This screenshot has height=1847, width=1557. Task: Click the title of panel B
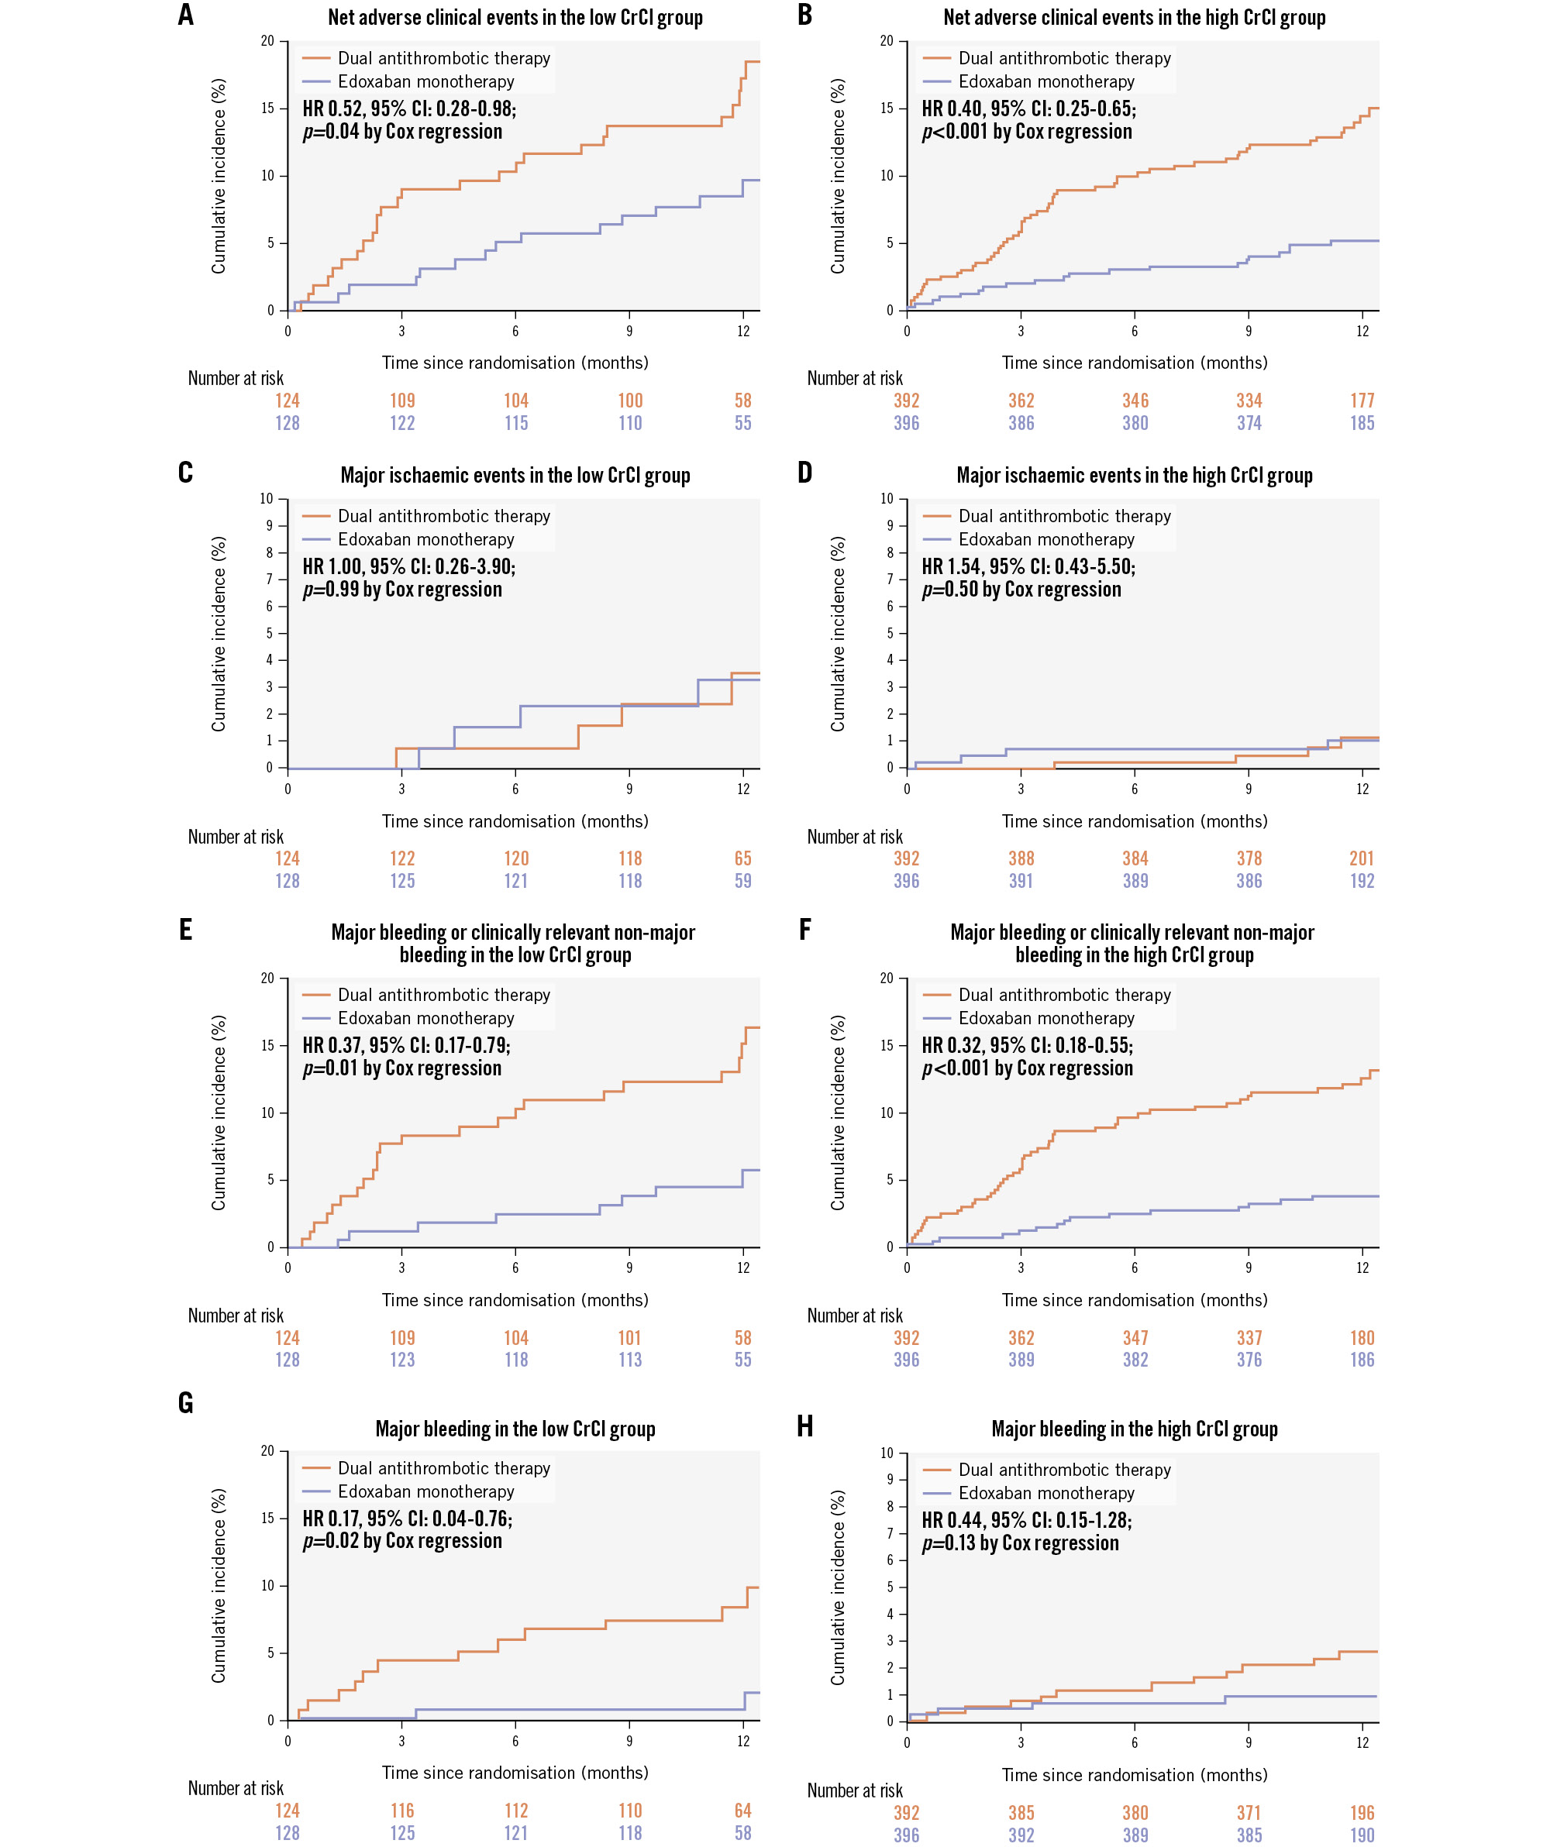[1133, 18]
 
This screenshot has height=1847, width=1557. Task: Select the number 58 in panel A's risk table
[742, 401]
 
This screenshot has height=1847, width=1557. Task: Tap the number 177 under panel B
[1361, 401]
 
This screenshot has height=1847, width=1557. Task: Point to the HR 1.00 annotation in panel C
[408, 566]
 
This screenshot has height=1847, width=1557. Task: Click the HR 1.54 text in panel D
[1028, 566]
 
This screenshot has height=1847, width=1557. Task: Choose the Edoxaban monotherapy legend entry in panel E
[425, 1017]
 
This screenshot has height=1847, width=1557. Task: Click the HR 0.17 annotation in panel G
[407, 1518]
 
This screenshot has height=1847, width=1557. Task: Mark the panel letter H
[804, 1426]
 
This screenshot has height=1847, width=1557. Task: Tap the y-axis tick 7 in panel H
[890, 1533]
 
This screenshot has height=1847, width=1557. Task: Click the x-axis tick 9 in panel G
[629, 1741]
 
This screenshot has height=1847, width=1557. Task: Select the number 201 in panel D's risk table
[1361, 858]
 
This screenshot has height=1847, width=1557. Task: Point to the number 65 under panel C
[742, 858]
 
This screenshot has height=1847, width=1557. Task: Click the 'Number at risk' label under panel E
[236, 1316]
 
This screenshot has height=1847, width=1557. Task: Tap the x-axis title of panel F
[1133, 1300]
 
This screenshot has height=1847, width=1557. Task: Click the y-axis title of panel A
[218, 176]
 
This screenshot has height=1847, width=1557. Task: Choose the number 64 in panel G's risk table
[742, 1811]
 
